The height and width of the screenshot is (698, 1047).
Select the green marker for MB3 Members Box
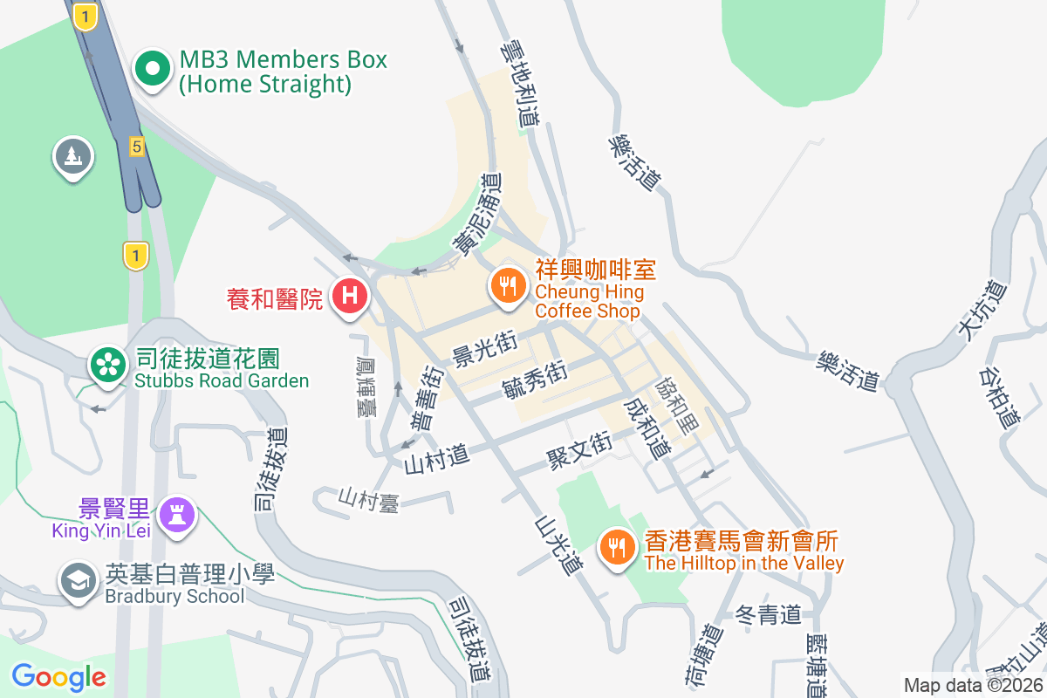coord(153,71)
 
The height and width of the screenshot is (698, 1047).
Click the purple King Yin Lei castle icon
coord(179,515)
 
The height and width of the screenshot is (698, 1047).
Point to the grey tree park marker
coord(72,157)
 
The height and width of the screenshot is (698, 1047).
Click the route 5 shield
coord(136,146)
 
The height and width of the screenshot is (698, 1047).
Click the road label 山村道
coord(436,456)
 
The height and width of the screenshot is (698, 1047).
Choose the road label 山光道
coord(558,545)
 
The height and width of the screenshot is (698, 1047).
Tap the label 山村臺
coord(368,499)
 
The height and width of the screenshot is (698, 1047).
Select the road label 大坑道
coord(976,310)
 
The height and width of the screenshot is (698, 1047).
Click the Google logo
coord(58,676)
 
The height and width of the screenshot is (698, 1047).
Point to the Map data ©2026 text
coord(973,685)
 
